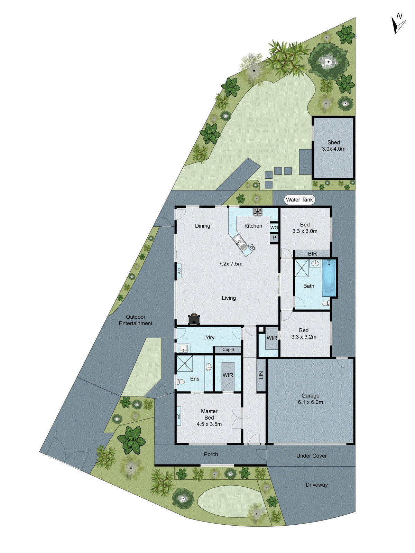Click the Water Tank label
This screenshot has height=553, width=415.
(x=299, y=199)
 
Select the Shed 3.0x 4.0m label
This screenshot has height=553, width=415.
(x=333, y=146)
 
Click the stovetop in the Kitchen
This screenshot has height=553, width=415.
(x=257, y=211)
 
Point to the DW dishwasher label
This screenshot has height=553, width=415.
(x=253, y=247)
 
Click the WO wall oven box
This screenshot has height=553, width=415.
(x=274, y=227)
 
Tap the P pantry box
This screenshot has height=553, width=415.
(x=274, y=238)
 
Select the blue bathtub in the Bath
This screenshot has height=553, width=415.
(x=329, y=278)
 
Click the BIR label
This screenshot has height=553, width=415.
(x=312, y=254)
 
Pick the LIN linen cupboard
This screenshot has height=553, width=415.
(x=261, y=375)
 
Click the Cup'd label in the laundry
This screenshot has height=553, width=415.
(x=228, y=349)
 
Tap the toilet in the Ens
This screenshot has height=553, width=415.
(x=181, y=382)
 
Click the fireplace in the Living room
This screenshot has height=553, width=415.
(x=194, y=319)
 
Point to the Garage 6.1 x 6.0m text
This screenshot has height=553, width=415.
(x=310, y=399)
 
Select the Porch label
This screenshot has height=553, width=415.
(x=211, y=454)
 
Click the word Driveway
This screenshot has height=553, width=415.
(x=316, y=485)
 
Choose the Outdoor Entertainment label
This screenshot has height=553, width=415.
(x=136, y=320)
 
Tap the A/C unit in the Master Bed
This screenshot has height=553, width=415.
(x=179, y=416)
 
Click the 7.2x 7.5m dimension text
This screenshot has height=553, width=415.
(x=230, y=264)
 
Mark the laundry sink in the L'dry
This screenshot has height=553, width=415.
(x=183, y=348)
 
